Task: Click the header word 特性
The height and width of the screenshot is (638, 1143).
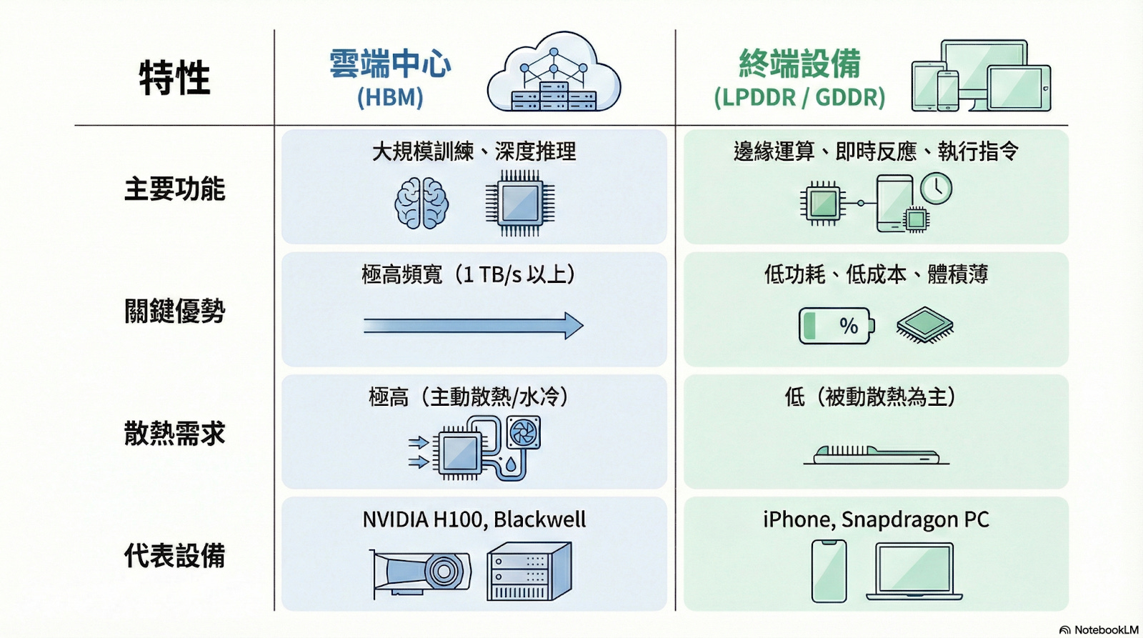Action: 174,78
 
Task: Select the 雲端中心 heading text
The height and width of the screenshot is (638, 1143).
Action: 390,64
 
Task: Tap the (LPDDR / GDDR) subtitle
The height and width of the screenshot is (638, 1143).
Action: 799,97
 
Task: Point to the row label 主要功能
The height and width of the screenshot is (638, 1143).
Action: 174,189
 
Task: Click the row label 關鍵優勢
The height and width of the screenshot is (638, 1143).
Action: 174,311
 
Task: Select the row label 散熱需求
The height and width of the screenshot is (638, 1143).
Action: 174,434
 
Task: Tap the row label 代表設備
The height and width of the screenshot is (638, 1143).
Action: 174,556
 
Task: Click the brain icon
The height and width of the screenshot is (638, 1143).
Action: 421,204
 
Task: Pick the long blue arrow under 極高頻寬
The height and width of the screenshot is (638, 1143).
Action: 473,326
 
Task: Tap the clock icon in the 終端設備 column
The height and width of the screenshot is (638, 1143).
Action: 936,188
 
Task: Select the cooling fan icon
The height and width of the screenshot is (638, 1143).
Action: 524,432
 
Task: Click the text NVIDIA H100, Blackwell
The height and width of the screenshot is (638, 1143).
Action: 474,519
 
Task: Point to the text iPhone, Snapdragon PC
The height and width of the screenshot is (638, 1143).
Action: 876,519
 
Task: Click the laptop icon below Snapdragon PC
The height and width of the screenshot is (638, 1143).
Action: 914,571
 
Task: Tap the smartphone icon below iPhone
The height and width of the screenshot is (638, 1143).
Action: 829,571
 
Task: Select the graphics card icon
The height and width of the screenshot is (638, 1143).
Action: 421,572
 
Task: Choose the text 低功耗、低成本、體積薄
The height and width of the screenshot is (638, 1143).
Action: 876,274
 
